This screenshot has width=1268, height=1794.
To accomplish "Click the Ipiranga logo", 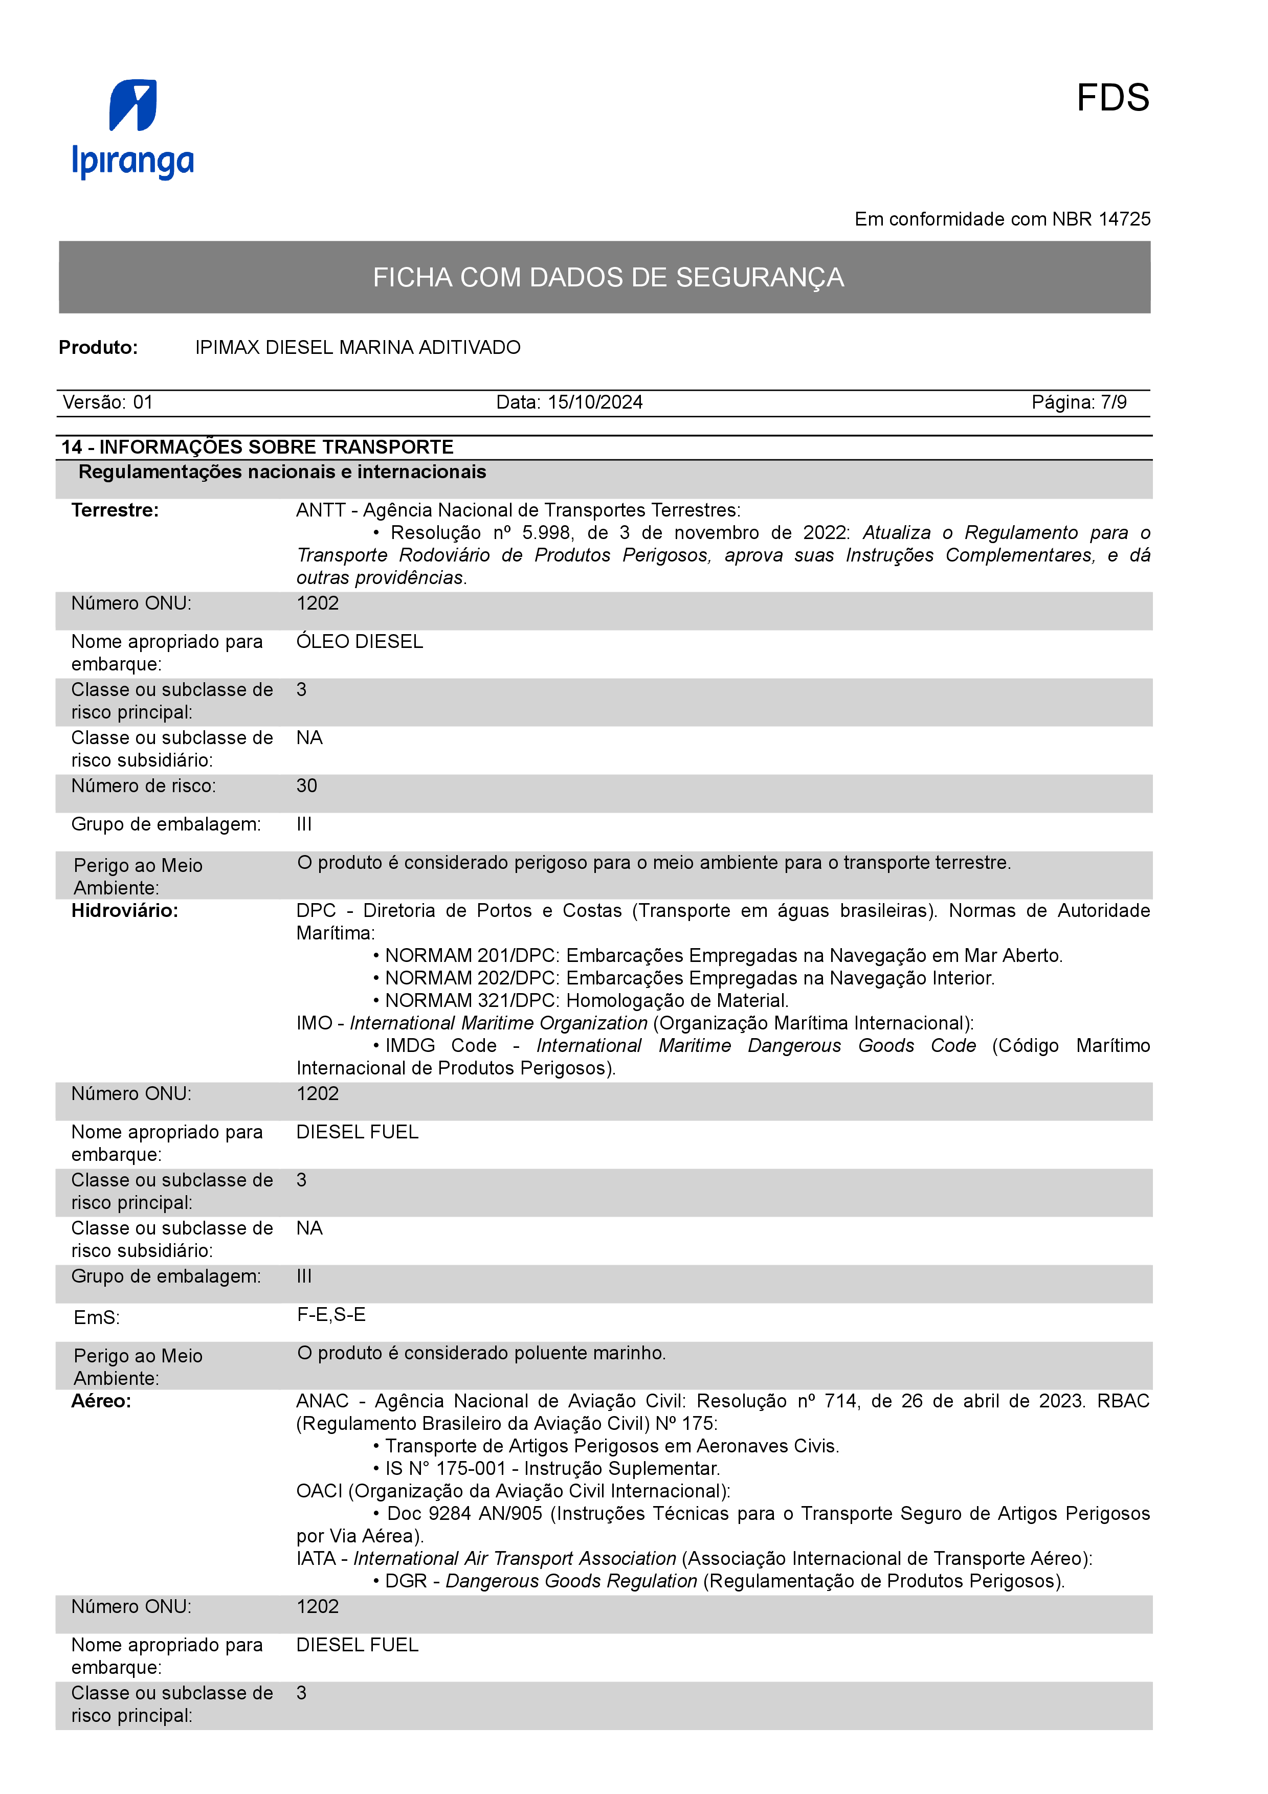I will coord(133,129).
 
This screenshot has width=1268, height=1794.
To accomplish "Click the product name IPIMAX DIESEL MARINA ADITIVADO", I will coord(358,348).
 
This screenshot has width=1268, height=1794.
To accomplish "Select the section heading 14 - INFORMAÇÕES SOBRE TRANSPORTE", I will coord(258,447).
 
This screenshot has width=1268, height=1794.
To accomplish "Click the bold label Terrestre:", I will coord(115,510).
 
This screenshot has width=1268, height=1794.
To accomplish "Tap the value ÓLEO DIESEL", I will coord(360,641).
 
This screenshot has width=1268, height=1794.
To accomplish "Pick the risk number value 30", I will coord(306,786).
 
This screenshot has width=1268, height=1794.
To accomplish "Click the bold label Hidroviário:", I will coord(125,911).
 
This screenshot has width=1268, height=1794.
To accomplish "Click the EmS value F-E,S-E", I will coord(331,1315).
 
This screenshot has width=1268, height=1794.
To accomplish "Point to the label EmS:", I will coord(97,1318).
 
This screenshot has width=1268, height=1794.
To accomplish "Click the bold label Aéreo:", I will coord(102,1401).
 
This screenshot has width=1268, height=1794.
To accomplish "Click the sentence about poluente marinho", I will coord(481,1353).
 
